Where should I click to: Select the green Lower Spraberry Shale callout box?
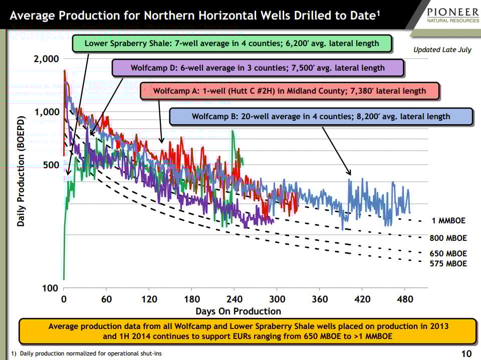coord(231,43)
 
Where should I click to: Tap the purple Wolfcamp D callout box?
coord(258,68)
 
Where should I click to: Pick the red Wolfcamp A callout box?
coord(289,91)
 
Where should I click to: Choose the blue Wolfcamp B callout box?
coord(321,117)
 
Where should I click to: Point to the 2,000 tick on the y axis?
coord(47,59)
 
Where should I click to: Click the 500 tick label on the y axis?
coord(50,165)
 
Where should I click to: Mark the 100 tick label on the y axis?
coord(50,288)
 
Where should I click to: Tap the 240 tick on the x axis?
coord(234,299)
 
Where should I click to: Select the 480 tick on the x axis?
coord(405,299)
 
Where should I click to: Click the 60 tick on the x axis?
coord(106,299)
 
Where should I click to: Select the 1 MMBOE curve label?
coord(448,221)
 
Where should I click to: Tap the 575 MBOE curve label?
coord(448,263)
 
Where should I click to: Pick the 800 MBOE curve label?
coord(448,238)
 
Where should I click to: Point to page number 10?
coord(465,354)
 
